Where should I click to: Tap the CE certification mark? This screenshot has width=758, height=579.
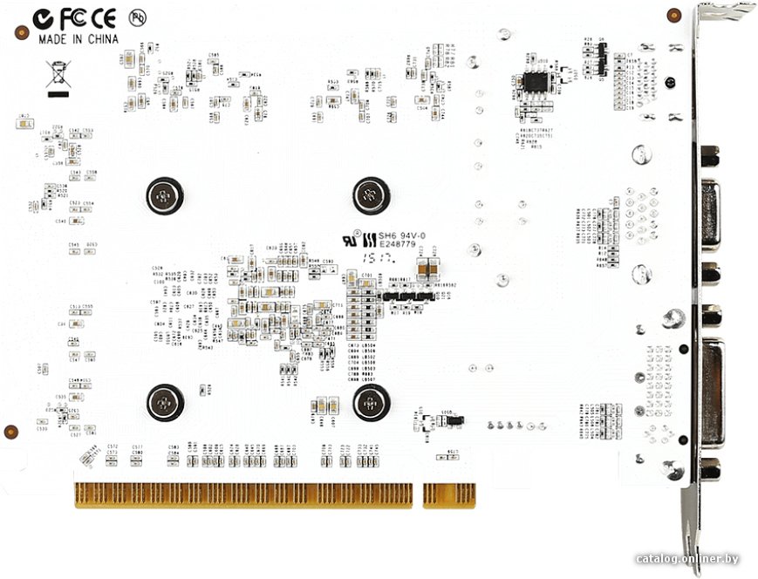pyautogui.click(x=104, y=17)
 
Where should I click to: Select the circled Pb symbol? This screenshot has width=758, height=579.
pyautogui.click(x=136, y=17)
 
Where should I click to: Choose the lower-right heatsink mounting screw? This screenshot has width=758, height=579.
pyautogui.click(x=371, y=402)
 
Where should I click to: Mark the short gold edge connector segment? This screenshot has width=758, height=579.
pyautogui.click(x=448, y=495)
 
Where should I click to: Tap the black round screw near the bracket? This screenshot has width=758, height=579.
pyautogui.click(x=670, y=83)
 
